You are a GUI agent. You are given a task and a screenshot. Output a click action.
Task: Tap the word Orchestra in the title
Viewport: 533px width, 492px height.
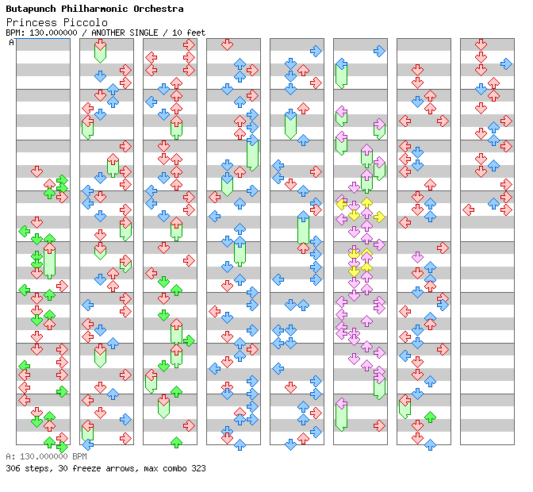(155, 9)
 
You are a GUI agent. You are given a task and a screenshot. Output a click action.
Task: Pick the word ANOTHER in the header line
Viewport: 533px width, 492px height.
(113, 33)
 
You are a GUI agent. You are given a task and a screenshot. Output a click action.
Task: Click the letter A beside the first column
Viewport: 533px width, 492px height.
(12, 43)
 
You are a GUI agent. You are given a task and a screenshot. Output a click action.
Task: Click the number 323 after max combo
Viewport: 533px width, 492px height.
(197, 468)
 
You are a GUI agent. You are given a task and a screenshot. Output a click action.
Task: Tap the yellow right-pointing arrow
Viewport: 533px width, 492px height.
(379, 217)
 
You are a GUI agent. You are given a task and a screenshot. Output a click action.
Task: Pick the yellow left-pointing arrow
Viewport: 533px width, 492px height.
(341, 204)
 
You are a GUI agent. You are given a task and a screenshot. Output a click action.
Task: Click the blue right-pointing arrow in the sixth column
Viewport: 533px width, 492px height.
(379, 51)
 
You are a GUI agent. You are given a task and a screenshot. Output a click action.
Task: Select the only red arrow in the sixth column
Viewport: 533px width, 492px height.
(379, 425)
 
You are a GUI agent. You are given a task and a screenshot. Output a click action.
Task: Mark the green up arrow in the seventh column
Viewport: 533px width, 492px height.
(430, 417)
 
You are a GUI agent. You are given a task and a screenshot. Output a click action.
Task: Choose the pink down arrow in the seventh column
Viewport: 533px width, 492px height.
(417, 257)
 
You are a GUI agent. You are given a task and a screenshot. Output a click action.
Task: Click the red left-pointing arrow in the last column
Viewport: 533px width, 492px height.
(468, 209)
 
